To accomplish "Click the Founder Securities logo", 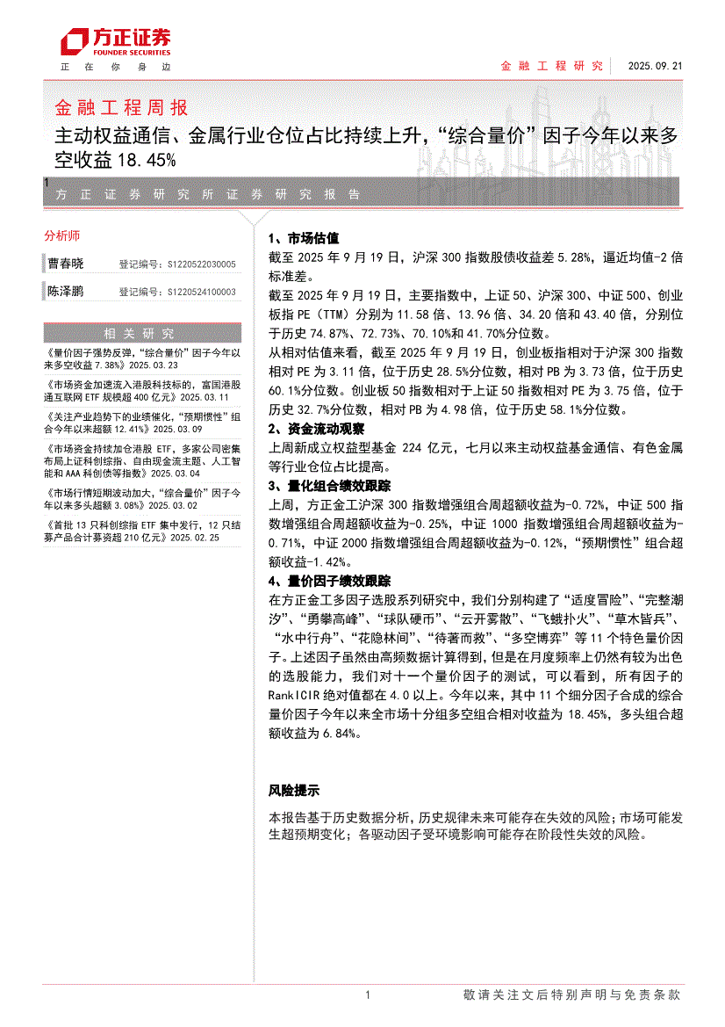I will [x=115, y=40].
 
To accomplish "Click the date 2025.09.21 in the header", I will [x=654, y=66].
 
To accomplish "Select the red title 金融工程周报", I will [x=121, y=108].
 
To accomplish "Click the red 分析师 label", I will [x=61, y=235].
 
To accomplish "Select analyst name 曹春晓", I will [x=66, y=264].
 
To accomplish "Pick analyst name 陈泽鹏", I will [x=66, y=292].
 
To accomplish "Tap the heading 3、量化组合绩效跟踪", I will [x=328, y=486].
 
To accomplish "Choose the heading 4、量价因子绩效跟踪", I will [x=328, y=581].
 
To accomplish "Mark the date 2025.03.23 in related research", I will [x=153, y=365].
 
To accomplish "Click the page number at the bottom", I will [x=367, y=995].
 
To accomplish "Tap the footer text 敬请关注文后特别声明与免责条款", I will [x=571, y=995].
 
